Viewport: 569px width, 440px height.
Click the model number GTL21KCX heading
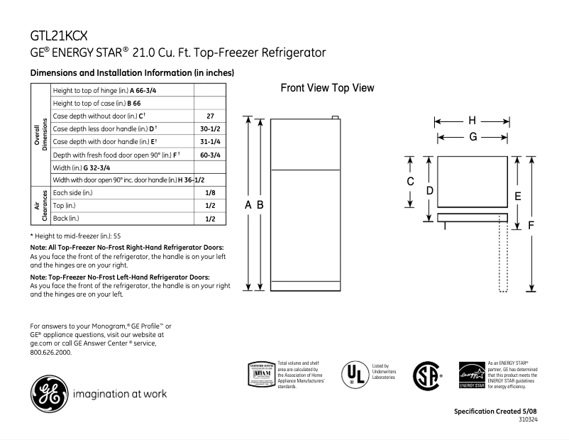[60, 34]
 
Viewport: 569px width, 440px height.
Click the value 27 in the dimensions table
[210, 116]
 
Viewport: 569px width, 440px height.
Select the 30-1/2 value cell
[210, 128]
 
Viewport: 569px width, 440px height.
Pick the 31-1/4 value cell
[210, 141]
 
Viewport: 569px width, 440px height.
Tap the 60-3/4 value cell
[210, 155]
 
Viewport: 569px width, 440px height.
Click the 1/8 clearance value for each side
[210, 193]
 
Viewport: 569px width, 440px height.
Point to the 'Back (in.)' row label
[66, 219]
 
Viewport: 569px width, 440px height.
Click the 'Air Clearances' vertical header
[40, 206]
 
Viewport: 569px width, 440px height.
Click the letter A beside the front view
[248, 204]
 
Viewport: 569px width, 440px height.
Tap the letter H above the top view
[471, 120]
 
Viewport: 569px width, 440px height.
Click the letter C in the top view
[410, 182]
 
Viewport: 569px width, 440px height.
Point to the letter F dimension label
[531, 225]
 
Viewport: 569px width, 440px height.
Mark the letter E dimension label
[518, 195]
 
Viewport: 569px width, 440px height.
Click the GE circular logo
[47, 392]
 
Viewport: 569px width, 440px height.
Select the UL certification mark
[354, 373]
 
